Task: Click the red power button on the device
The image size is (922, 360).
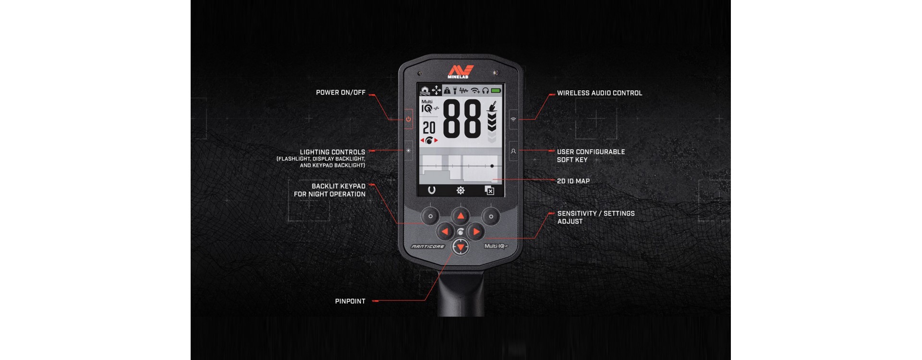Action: tap(408, 119)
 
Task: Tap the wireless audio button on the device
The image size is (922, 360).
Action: tap(513, 119)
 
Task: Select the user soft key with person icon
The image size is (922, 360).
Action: tap(513, 151)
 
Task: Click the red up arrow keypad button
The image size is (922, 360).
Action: tap(461, 216)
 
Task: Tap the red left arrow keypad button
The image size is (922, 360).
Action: tap(445, 232)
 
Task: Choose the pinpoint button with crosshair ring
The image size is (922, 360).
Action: tap(461, 247)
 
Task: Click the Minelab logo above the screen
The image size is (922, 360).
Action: tap(461, 72)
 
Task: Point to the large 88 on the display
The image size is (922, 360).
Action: tap(461, 119)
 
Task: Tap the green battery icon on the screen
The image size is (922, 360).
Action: tap(496, 90)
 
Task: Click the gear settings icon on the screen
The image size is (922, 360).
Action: tap(461, 191)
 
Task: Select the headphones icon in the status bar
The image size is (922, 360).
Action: tap(485, 90)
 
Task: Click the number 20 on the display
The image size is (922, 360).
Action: tap(429, 128)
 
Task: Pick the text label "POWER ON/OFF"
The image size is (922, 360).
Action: tap(340, 93)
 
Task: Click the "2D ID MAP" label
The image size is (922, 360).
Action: tap(573, 181)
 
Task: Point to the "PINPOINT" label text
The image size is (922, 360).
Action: tap(350, 301)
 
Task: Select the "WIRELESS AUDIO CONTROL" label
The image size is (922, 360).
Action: tap(599, 93)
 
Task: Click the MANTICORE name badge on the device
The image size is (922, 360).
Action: tap(428, 247)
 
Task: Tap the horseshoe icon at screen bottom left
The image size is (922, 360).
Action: tap(432, 190)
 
